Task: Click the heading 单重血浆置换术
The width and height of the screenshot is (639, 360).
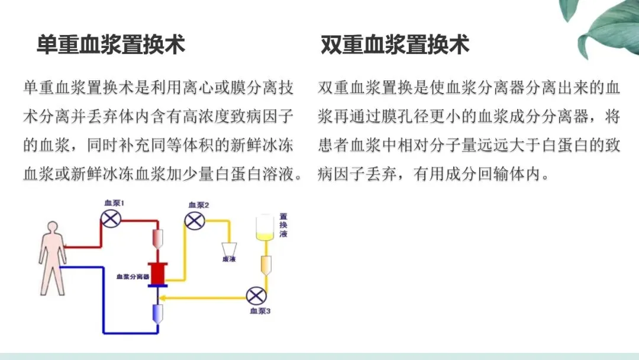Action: (111, 45)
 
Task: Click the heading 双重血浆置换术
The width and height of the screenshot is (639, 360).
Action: (395, 45)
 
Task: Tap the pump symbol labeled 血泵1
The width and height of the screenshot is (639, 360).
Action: (109, 220)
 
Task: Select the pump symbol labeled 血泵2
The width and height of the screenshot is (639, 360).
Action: (194, 221)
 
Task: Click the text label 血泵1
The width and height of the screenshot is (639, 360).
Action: (114, 204)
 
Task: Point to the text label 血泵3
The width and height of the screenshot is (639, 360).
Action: (260, 310)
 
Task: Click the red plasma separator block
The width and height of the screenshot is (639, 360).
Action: (158, 274)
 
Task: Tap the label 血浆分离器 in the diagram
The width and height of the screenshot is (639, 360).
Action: (133, 276)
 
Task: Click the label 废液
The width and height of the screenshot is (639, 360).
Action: (228, 259)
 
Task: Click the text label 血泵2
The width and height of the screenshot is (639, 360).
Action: (198, 205)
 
